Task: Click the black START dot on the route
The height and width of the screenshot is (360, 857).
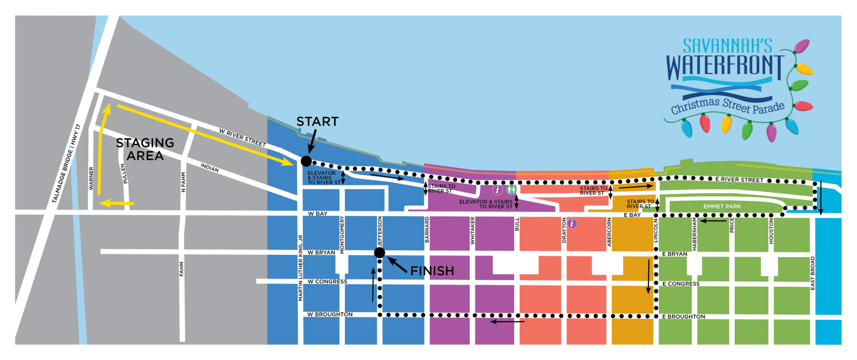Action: point(306,161)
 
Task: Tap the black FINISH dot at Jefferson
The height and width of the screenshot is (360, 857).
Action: point(380,252)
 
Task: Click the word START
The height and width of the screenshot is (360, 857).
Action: point(317,122)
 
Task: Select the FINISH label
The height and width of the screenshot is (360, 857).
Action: point(432,271)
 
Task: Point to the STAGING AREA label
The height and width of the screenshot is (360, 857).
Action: point(145,149)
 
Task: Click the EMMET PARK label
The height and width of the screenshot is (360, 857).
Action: point(722,206)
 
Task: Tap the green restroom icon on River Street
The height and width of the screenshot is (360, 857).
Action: point(511,190)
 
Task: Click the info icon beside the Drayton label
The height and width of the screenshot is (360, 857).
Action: point(572,224)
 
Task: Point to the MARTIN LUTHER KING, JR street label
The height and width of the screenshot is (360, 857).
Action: point(300,267)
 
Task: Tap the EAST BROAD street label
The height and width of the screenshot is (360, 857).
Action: point(813,273)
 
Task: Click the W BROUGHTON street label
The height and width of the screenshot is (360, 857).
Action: point(330,314)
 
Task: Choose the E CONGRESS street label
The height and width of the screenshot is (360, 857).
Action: point(681,284)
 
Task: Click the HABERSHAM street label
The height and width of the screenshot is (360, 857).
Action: point(695,234)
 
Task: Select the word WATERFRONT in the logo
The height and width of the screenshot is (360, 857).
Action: point(725,67)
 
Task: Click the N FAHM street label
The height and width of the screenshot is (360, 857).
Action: point(183,183)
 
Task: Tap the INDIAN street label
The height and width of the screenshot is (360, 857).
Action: point(209,168)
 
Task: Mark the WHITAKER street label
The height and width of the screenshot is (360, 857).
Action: point(472,231)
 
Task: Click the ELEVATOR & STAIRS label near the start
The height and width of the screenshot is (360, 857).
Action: point(324,177)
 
